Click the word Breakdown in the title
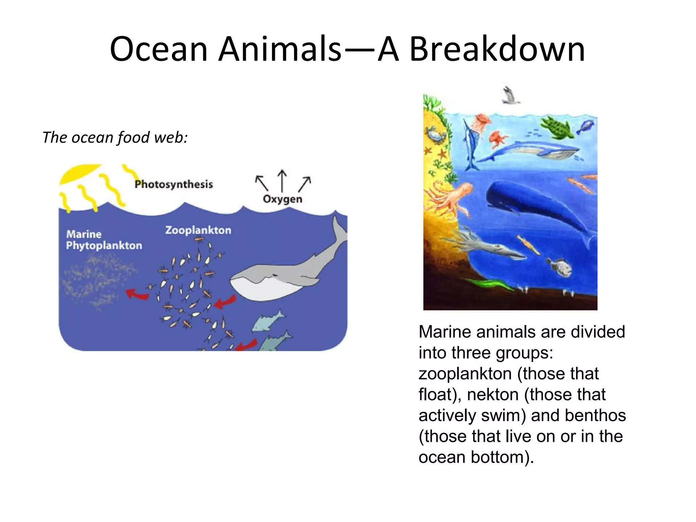pyautogui.click(x=497, y=49)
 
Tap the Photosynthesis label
pyautogui.click(x=174, y=185)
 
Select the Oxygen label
pyautogui.click(x=282, y=199)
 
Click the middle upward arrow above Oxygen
pyautogui.click(x=282, y=180)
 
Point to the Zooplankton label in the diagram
pyautogui.click(x=198, y=230)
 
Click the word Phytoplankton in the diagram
pyautogui.click(x=104, y=245)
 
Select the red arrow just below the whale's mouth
pyautogui.click(x=225, y=302)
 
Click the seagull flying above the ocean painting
pyautogui.click(x=510, y=95)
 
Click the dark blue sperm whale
pyautogui.click(x=537, y=207)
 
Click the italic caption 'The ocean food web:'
pyautogui.click(x=115, y=138)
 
